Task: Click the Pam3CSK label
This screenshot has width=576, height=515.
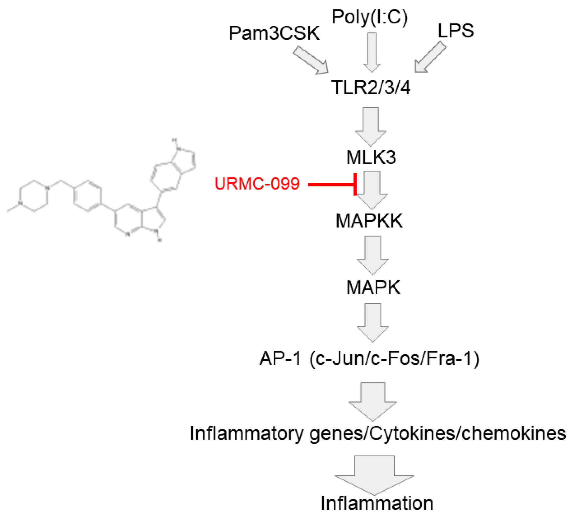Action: (274, 33)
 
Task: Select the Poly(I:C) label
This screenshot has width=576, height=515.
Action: (369, 17)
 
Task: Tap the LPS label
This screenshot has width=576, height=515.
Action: (455, 31)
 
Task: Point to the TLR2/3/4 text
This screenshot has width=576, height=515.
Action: (371, 87)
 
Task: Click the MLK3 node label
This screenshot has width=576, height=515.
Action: (371, 157)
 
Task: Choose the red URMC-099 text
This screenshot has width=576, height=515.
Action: (257, 184)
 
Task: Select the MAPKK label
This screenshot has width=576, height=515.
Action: (369, 221)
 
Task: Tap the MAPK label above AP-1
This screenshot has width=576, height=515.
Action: (373, 287)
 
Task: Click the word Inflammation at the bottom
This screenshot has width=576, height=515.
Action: (377, 503)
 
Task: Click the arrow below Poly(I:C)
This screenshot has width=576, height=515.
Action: (372, 52)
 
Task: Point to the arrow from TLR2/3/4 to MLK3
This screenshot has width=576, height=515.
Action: (371, 126)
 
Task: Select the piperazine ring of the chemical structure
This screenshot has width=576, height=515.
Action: (34, 196)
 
